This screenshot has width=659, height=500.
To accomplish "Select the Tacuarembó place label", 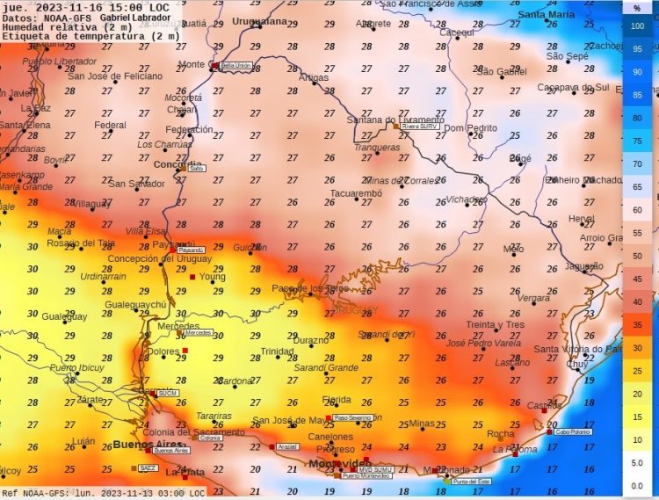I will pos(356,192).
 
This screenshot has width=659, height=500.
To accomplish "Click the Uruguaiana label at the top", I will pos(258,21).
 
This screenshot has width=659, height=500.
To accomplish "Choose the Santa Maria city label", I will pos(547,15).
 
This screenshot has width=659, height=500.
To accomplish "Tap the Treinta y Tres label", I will pos(495,324).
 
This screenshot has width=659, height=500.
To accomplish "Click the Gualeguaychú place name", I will pos(135,304).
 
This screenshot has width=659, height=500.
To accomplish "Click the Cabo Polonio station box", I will pos(572,431).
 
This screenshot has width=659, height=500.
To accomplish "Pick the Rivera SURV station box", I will pos(419,126).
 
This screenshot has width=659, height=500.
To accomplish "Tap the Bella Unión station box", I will pos(235,66).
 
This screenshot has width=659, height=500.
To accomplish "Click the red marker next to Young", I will pos(192,277).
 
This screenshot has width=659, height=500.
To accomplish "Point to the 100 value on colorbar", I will pos(638,26).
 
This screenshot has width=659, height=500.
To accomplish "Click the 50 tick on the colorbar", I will pos(638,256).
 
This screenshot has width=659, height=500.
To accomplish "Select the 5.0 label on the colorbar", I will pos(638,462).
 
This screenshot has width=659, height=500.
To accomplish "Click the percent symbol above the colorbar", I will pos(638,8).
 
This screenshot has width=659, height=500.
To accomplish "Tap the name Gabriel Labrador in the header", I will pos(135,18).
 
